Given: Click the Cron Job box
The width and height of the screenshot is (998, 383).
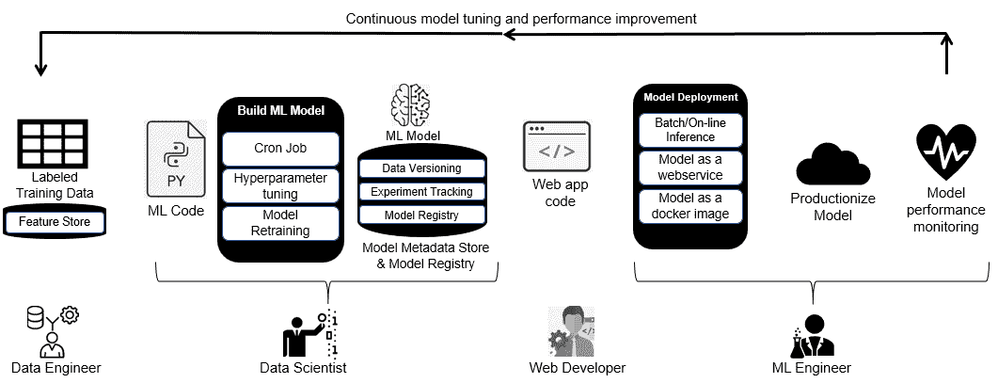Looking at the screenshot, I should point(280,149).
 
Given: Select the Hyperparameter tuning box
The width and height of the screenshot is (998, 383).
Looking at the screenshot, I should point(280,186).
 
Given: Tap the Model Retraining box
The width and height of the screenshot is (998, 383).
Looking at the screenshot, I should point(280,223).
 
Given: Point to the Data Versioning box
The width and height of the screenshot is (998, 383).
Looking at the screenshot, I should point(421,168).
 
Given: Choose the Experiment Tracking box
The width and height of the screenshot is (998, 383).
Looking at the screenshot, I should point(421,192).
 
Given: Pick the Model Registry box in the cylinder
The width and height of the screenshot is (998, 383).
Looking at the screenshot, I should point(421,215).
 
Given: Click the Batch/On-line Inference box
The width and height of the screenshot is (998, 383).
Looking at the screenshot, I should point(690,130).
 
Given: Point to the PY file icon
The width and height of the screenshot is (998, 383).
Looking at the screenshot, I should point(175,160).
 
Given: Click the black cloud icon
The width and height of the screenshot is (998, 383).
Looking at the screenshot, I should point(831,166).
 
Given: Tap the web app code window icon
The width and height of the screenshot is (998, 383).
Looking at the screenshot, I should point(556,146).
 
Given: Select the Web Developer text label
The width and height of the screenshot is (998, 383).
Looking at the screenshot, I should point(577,368).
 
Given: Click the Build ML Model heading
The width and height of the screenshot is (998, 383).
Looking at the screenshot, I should point(280,111).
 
